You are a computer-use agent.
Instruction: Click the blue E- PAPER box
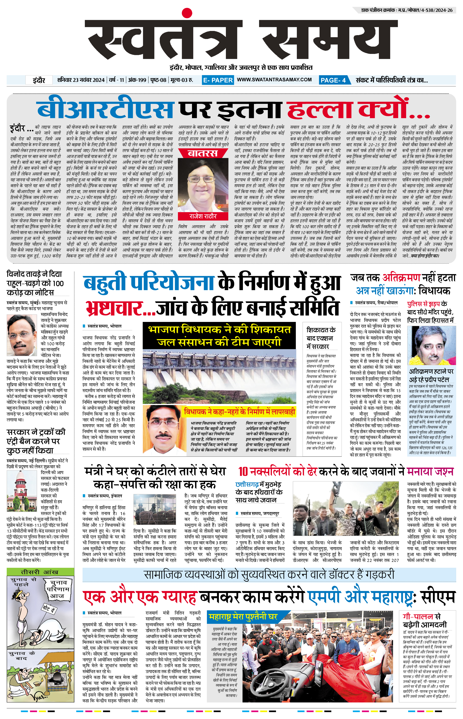pyautogui.click(x=218, y=80)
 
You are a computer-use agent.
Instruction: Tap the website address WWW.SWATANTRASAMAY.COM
pyautogui.click(x=274, y=80)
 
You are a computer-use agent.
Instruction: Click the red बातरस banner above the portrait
pyautogui.click(x=203, y=153)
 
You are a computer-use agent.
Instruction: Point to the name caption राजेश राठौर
pyautogui.click(x=203, y=216)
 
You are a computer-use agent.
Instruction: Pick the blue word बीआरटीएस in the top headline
pyautogui.click(x=105, y=109)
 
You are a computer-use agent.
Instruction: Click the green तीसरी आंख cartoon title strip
pyautogui.click(x=40, y=572)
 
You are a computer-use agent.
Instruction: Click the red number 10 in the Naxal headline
pyautogui.click(x=243, y=472)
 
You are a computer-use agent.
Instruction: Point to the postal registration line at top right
pyautogui.click(x=407, y=10)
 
